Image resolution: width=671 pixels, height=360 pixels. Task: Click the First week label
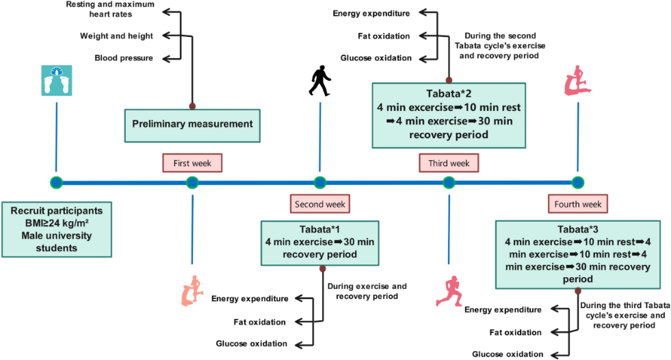192,163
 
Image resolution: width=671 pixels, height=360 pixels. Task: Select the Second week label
319,203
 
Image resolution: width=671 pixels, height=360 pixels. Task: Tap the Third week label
449,163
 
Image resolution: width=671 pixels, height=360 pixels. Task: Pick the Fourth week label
577,203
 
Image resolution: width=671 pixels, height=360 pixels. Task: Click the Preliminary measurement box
192,124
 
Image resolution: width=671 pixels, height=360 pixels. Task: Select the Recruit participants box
56,228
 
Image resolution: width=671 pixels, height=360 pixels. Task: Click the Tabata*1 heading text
319,229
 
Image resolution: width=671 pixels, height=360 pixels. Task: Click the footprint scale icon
55,80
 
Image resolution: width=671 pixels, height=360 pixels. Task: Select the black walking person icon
319,81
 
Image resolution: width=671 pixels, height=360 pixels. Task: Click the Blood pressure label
124,58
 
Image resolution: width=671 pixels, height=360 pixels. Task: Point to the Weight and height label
116,36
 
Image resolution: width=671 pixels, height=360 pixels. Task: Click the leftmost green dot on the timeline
56,182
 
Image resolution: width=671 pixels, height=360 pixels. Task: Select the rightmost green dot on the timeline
578,182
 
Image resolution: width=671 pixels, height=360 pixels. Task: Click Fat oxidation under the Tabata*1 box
262,321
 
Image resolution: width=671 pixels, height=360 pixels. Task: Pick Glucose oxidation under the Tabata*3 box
508,354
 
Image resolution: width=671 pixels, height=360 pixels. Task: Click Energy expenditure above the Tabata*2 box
371,13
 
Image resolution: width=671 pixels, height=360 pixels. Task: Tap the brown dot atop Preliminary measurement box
192,106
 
